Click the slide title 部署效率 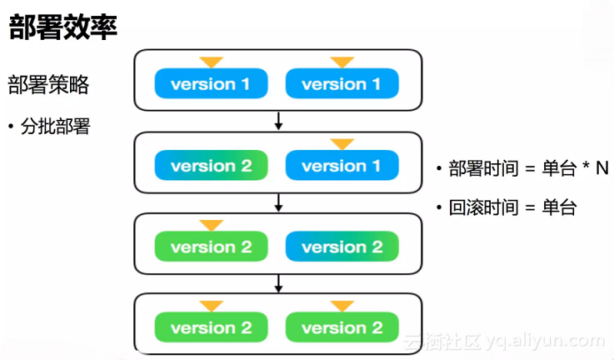[x=63, y=27]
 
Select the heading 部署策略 [x=48, y=85]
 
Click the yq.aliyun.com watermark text [x=541, y=341]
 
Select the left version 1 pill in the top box [x=211, y=84]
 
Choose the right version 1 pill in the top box [x=342, y=84]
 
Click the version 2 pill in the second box [x=211, y=166]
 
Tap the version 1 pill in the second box [x=342, y=166]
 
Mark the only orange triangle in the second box [x=342, y=144]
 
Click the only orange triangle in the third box [x=212, y=225]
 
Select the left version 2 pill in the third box [x=211, y=247]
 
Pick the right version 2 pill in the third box [x=342, y=247]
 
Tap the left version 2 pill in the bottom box [x=211, y=327]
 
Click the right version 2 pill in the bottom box [x=342, y=327]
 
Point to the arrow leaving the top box [x=278, y=121]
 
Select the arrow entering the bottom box [x=278, y=283]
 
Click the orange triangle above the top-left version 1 [x=212, y=62]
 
